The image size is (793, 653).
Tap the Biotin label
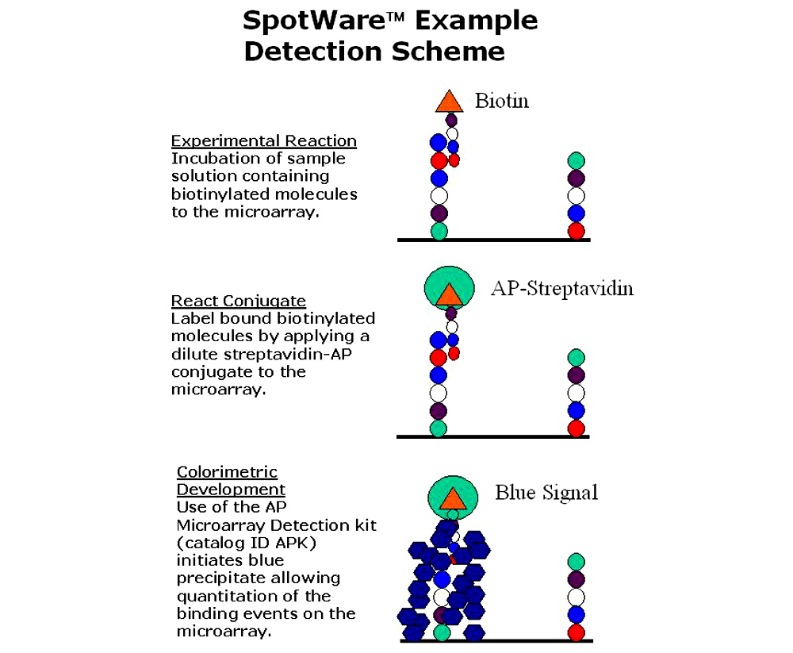point(501,101)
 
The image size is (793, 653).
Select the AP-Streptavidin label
point(561,288)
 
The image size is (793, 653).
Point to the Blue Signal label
point(546,493)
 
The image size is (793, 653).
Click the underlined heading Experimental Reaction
point(263,141)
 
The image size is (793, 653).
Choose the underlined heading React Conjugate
point(238,301)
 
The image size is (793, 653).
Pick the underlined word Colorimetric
point(227,472)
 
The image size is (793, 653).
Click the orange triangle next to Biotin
point(449,102)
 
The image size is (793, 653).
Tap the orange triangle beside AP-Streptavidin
point(449,294)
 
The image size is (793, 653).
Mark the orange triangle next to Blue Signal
point(453,498)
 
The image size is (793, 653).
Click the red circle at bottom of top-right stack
point(577,231)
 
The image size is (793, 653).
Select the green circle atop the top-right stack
point(577,161)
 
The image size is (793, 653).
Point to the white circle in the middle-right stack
point(577,393)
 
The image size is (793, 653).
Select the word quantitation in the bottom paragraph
point(230,596)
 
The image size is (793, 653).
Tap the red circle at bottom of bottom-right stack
point(577,632)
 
